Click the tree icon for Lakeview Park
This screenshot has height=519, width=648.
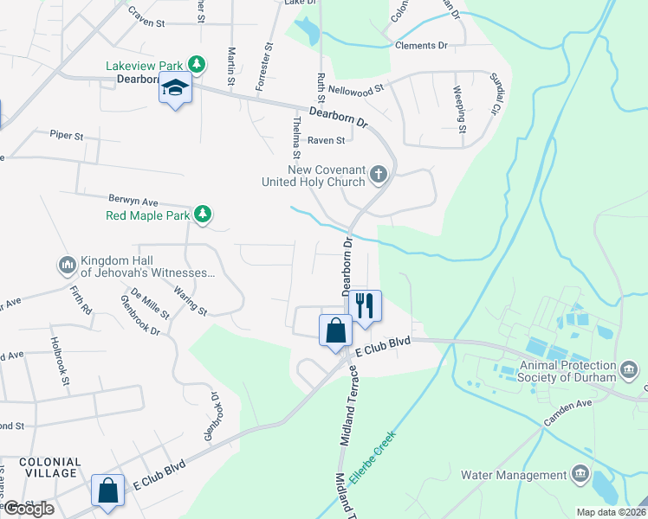pyautogui.click(x=198, y=65)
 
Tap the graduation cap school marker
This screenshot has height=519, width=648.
pyautogui.click(x=175, y=88)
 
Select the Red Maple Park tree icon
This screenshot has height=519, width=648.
pyautogui.click(x=202, y=215)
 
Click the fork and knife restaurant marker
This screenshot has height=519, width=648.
pyautogui.click(x=365, y=305)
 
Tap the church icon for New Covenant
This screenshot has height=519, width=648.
pyautogui.click(x=378, y=176)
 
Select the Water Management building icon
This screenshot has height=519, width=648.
pyautogui.click(x=580, y=475)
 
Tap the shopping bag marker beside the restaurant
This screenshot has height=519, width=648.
pyautogui.click(x=335, y=330)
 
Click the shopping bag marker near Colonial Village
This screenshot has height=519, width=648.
pyautogui.click(x=108, y=490)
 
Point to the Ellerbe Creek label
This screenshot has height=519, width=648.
pyautogui.click(x=373, y=458)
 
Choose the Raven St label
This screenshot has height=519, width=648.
pyautogui.click(x=327, y=139)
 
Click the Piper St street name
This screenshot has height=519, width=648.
pyautogui.click(x=66, y=135)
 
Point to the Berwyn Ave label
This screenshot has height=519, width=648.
pyautogui.click(x=133, y=199)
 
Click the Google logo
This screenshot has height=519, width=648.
pyautogui.click(x=29, y=508)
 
